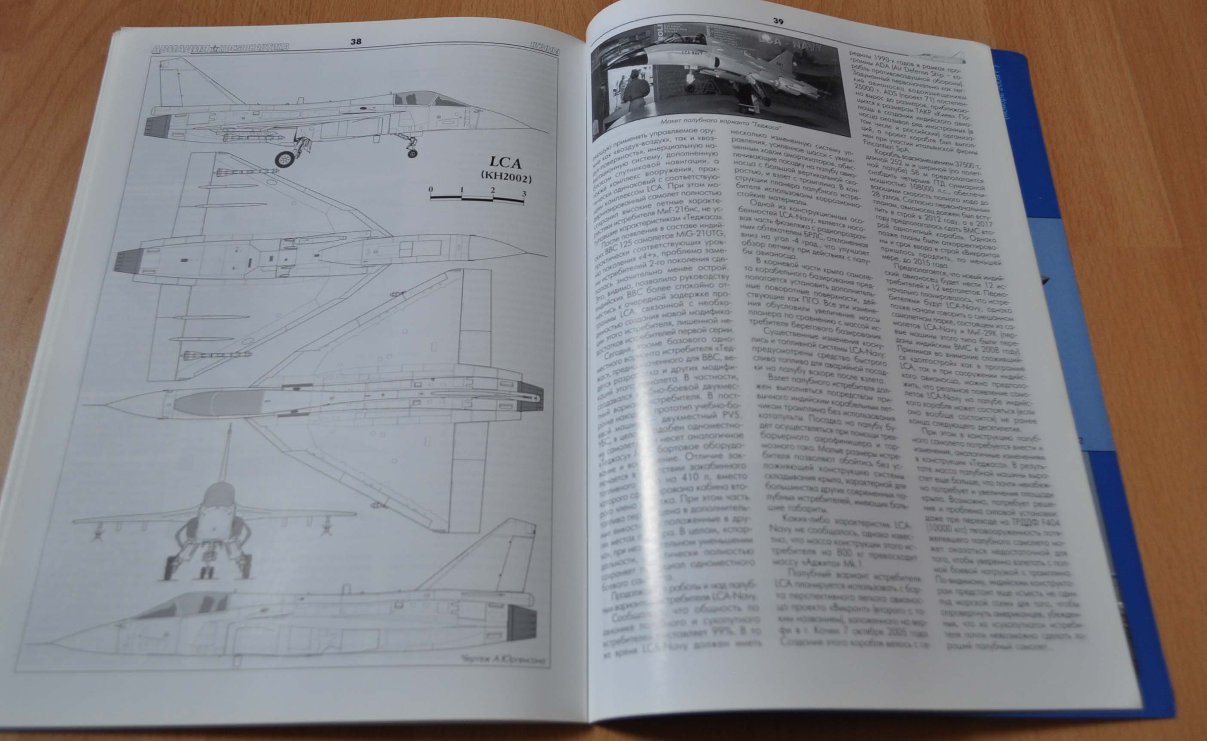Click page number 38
[356, 42]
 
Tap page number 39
[778, 21]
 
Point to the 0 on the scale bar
[431, 189]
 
